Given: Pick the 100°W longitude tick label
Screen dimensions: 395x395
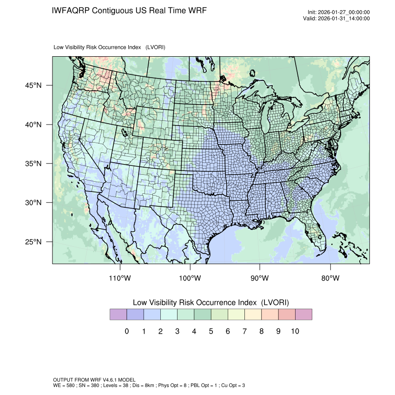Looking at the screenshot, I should pyautogui.click(x=190, y=278).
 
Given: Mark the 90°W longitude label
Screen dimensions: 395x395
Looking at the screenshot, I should pyautogui.click(x=260, y=278).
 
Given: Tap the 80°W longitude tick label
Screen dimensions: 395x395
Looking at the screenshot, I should pyautogui.click(x=330, y=278).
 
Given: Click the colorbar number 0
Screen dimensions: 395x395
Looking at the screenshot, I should pyautogui.click(x=126, y=331).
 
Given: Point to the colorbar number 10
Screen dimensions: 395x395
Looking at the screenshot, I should pyautogui.click(x=295, y=331).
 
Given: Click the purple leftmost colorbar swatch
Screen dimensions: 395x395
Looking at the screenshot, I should pyautogui.click(x=118, y=315).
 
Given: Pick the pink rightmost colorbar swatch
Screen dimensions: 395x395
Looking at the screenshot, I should pyautogui.click(x=303, y=315).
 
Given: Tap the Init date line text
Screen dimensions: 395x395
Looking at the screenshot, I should pyautogui.click(x=339, y=13).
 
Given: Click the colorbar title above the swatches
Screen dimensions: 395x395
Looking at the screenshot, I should pyautogui.click(x=211, y=303).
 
